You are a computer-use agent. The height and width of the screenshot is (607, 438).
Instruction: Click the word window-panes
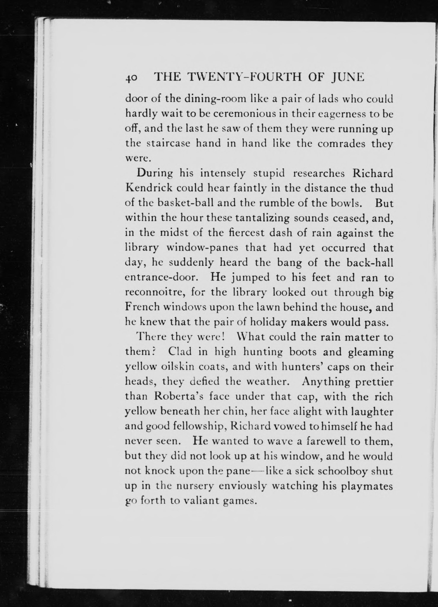[x=202, y=248]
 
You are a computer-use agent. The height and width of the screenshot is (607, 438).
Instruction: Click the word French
[x=142, y=307]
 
